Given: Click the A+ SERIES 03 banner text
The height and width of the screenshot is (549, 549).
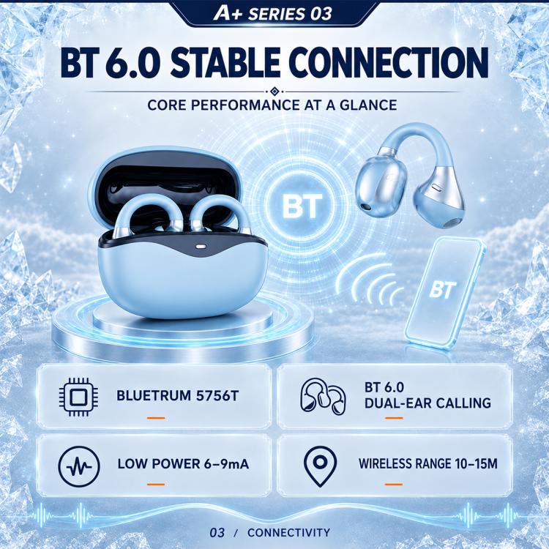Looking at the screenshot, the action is pyautogui.click(x=272, y=14).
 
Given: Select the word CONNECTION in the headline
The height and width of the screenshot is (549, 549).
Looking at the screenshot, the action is pyautogui.click(x=389, y=63).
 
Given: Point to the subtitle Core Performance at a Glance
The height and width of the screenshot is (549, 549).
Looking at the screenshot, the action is pyautogui.click(x=272, y=105).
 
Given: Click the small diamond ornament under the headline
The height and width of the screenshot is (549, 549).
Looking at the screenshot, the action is pyautogui.click(x=274, y=91).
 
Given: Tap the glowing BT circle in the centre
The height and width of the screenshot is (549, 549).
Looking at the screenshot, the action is pyautogui.click(x=302, y=206).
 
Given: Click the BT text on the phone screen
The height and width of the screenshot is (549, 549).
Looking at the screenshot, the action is pyautogui.click(x=443, y=290).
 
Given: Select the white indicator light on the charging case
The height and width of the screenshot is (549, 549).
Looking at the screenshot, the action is pyautogui.click(x=200, y=246).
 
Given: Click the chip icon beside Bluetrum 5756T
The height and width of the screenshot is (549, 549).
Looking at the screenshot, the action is pyautogui.click(x=78, y=397).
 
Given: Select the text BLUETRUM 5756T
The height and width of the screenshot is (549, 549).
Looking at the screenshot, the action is pyautogui.click(x=178, y=396).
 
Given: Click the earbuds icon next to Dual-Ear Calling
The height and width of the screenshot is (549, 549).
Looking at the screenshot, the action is pyautogui.click(x=323, y=396).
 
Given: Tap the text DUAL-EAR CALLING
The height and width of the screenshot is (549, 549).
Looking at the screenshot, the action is pyautogui.click(x=427, y=403).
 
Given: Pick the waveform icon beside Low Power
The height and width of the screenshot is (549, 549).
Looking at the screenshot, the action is pyautogui.click(x=79, y=467).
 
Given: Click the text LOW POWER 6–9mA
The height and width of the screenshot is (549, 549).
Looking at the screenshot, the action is pyautogui.click(x=183, y=464).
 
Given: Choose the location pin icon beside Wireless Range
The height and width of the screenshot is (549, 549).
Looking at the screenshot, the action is pyautogui.click(x=321, y=466).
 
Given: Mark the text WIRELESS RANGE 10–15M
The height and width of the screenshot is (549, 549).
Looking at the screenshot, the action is pyautogui.click(x=428, y=464).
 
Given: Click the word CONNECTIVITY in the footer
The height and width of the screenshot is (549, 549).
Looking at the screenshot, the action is pyautogui.click(x=288, y=533).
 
